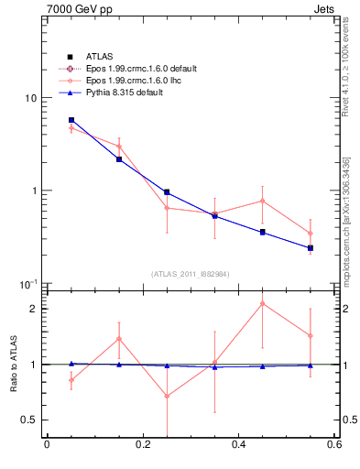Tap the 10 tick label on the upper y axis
coord(31,98)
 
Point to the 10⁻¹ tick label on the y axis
coord(28,283)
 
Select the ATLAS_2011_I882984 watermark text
coord(191,274)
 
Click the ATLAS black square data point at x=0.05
coord(71,120)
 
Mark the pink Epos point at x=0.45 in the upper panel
coord(263,201)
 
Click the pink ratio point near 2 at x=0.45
coord(263,303)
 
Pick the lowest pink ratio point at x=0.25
coord(167,396)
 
